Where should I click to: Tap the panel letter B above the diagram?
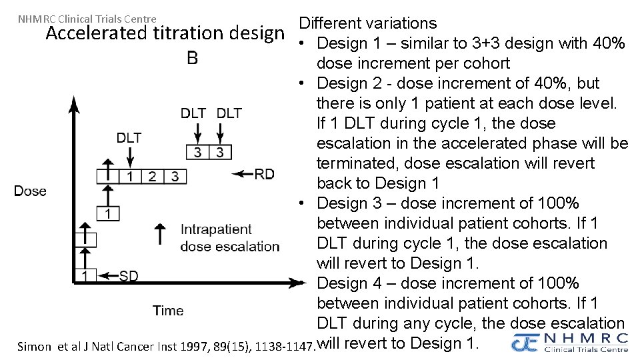coord(192,59)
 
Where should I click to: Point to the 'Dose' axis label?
coord(31,191)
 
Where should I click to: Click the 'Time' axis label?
coord(168,311)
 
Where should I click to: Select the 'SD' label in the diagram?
coord(129,276)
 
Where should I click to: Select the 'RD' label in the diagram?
coord(265,174)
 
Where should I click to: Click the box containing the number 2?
coord(153,177)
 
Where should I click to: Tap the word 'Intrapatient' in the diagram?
coord(216,229)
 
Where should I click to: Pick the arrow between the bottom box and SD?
coord(108,275)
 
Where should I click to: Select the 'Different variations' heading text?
coord(367,23)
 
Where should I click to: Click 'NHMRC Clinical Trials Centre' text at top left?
coord(87,19)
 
